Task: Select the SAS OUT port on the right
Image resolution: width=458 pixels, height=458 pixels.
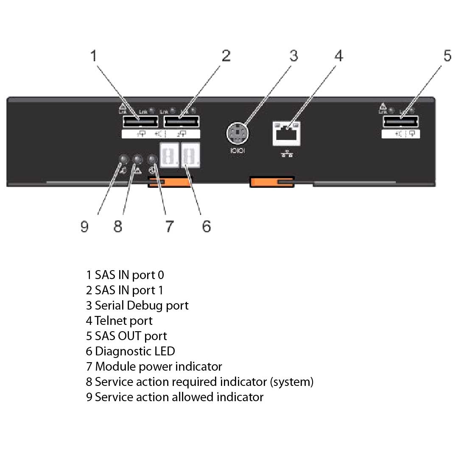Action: [x=400, y=122]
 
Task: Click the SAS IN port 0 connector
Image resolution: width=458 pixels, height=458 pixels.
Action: [x=140, y=122]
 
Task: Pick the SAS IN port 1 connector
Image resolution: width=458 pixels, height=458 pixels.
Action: [x=181, y=122]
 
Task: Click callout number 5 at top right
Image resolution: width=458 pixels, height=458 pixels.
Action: [x=448, y=56]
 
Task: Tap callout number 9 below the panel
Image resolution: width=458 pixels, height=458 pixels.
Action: [x=84, y=227]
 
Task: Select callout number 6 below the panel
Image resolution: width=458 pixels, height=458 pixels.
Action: [x=206, y=227]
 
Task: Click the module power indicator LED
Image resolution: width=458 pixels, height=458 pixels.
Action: [x=153, y=159]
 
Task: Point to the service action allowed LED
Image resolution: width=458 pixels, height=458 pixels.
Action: [x=123, y=159]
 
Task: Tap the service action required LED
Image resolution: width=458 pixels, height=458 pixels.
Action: [x=137, y=159]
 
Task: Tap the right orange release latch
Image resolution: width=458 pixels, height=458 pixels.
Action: [x=272, y=182]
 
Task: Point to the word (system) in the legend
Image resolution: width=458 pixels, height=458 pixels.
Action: [x=292, y=382]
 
